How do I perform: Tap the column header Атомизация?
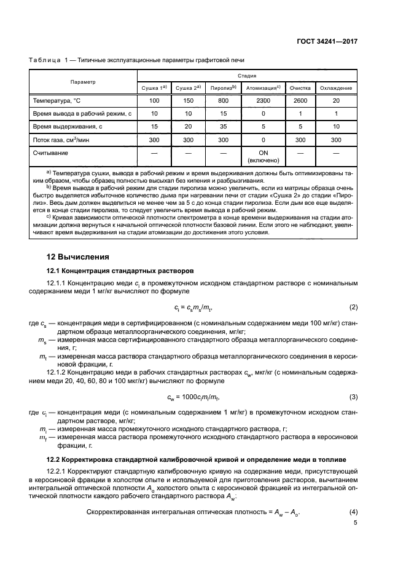click(x=263, y=88)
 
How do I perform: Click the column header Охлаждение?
click(x=335, y=88)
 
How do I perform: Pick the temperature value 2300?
click(x=263, y=100)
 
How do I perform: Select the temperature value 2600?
click(x=301, y=100)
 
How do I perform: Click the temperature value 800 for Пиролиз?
click(x=223, y=100)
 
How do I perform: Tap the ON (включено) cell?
click(x=263, y=156)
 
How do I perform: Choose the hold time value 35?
click(x=223, y=127)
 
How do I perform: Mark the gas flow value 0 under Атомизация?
click(x=263, y=140)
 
